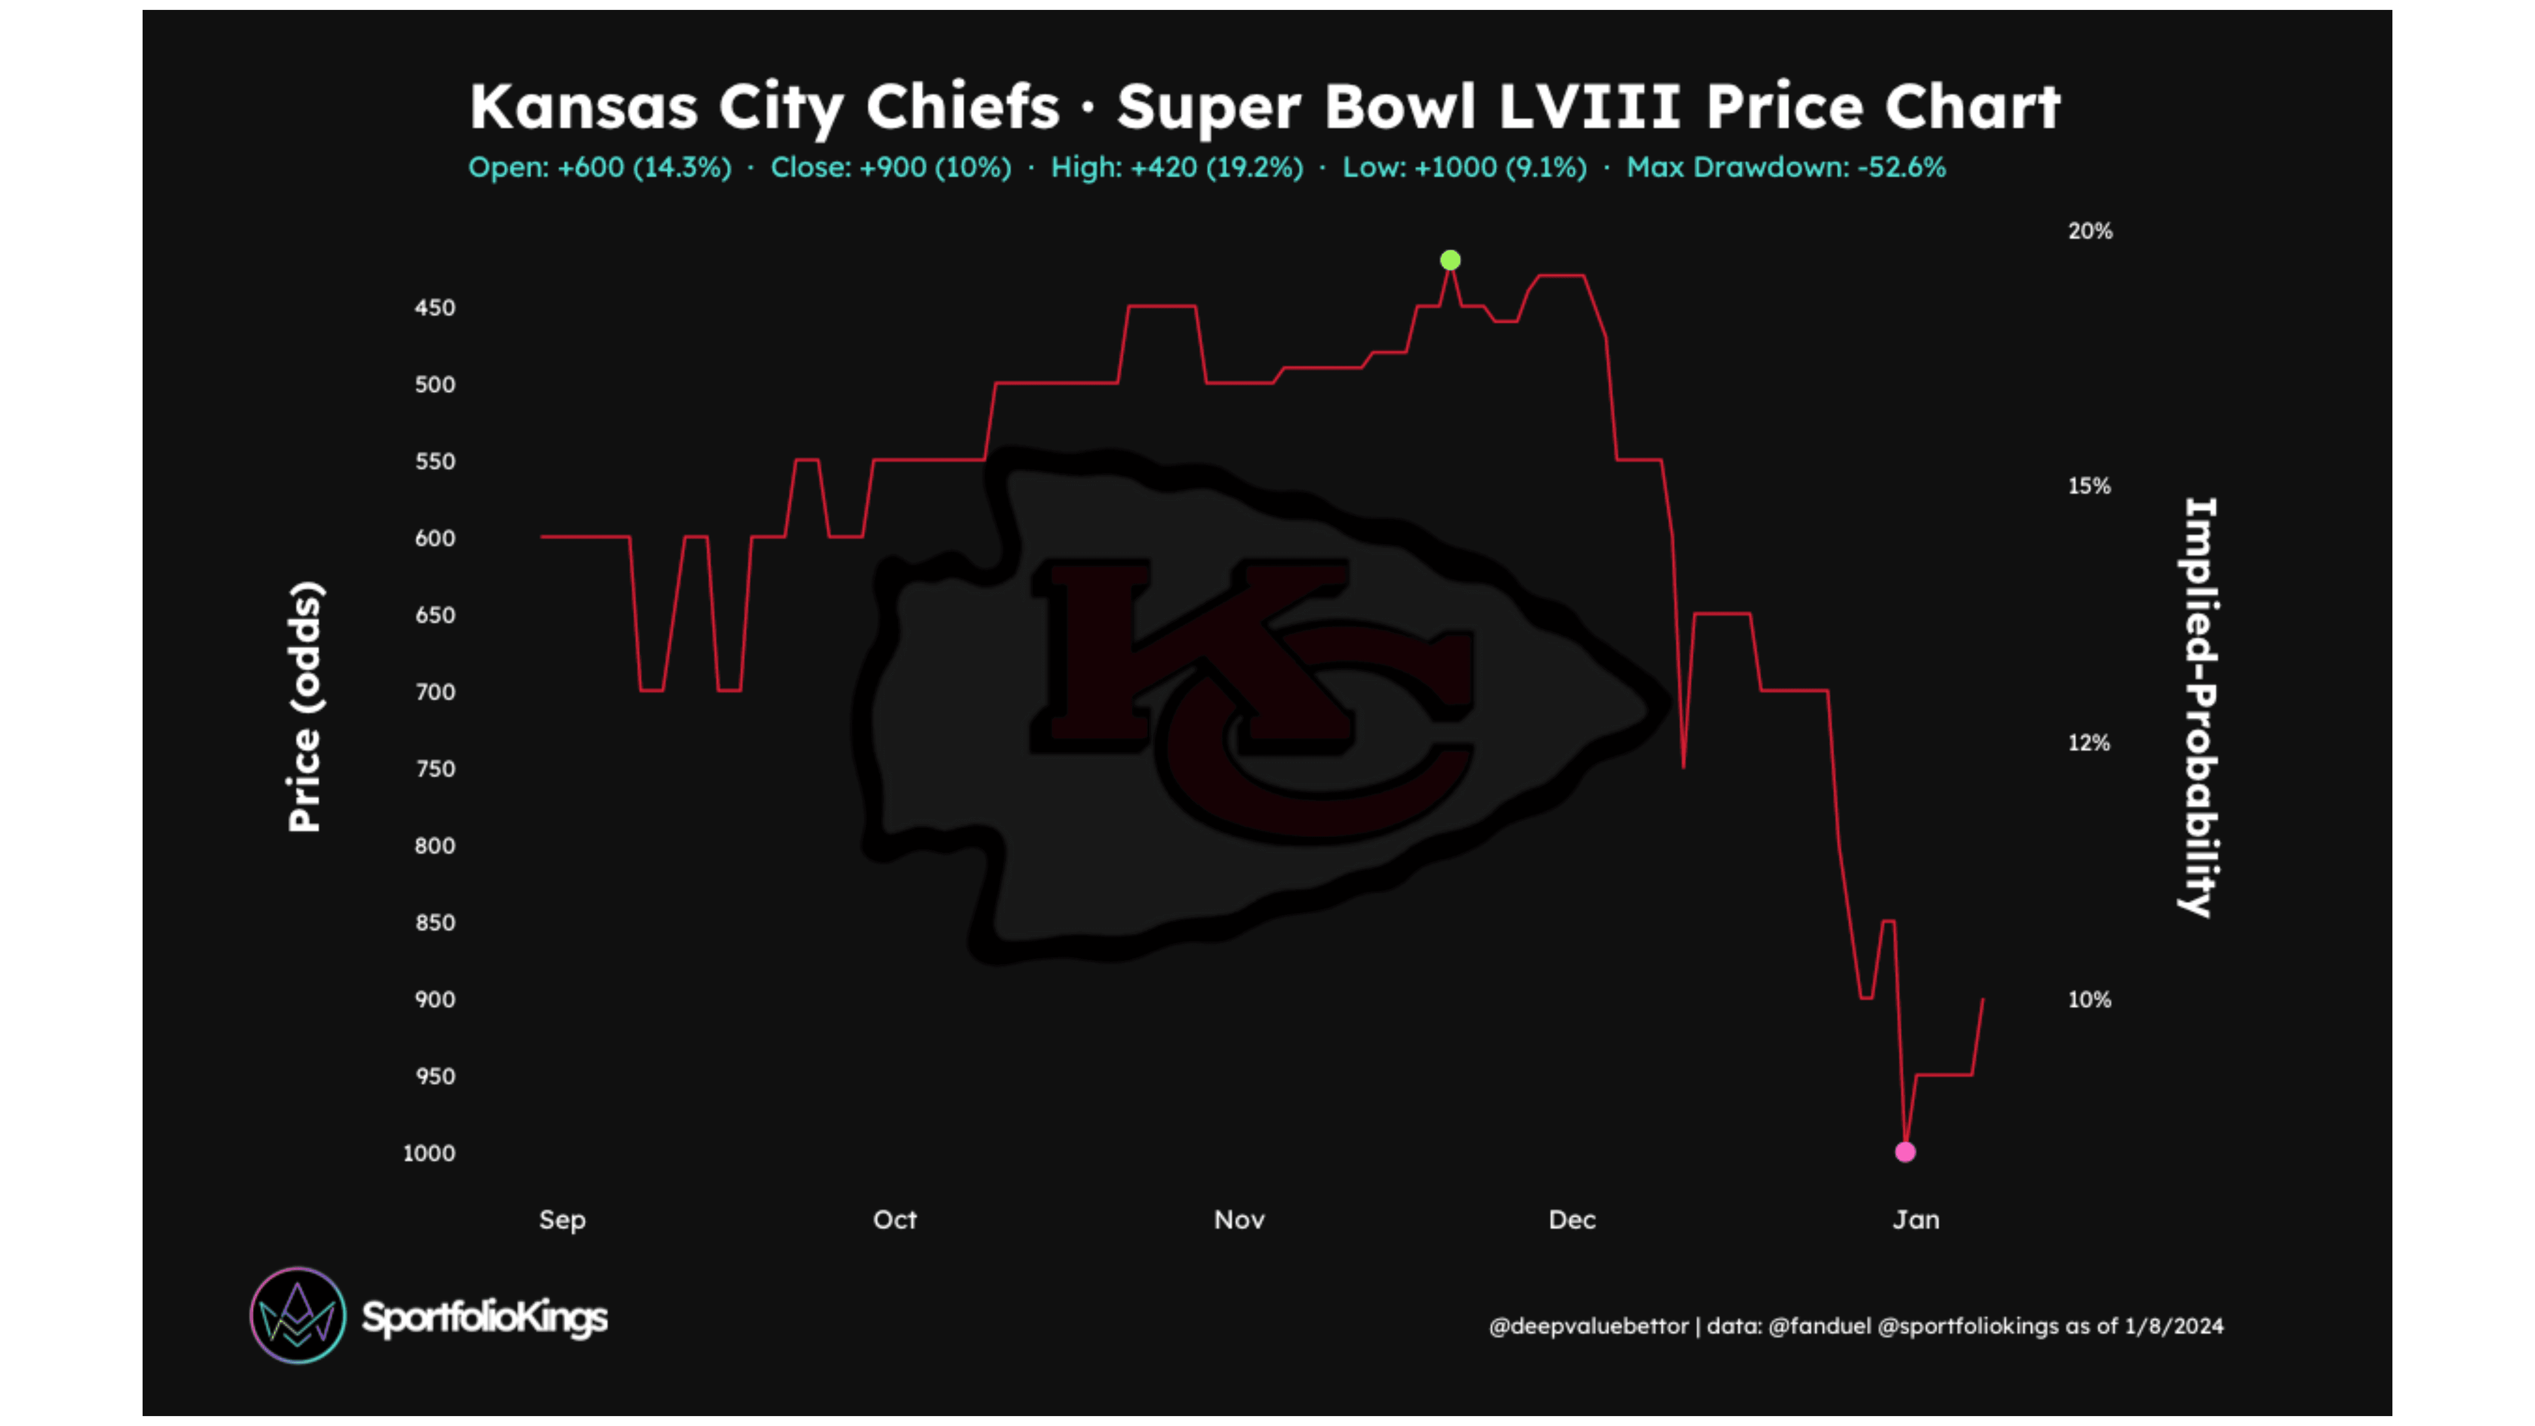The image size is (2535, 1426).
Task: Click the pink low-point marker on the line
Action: [x=1905, y=1151]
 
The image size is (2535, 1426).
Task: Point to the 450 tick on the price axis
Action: [x=435, y=308]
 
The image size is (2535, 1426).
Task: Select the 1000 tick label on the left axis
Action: [x=429, y=1153]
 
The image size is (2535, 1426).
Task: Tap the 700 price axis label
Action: [x=435, y=692]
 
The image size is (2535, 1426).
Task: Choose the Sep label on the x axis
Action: [x=562, y=1221]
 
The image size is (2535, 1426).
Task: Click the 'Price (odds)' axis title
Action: [x=305, y=707]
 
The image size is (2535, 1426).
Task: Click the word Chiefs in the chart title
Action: [x=963, y=106]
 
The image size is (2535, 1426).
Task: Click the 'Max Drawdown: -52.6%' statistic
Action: [x=1786, y=167]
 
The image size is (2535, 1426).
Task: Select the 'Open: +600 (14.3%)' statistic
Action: [x=599, y=167]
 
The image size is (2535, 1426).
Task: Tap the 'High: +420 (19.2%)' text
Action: [x=1177, y=167]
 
